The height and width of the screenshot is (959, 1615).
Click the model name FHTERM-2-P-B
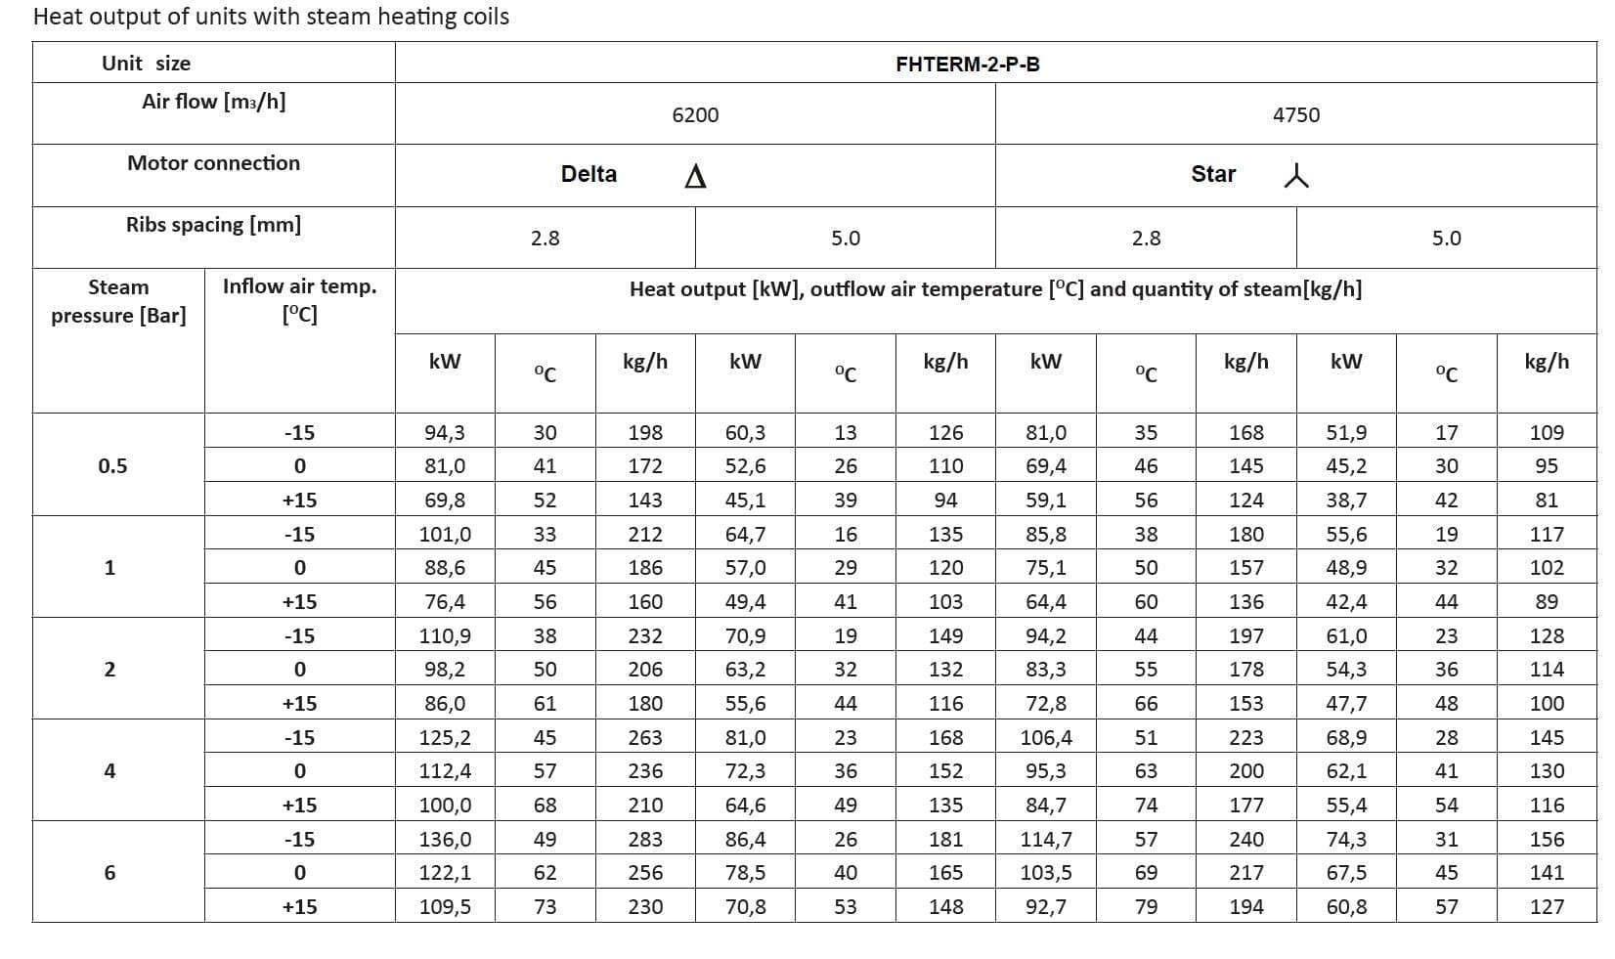[x=967, y=65]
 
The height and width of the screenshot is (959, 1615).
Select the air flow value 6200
[x=695, y=115]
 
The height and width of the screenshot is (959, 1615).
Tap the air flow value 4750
[x=1295, y=115]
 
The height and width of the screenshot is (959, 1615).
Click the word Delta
[x=589, y=174]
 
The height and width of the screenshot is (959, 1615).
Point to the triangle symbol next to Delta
[x=695, y=176]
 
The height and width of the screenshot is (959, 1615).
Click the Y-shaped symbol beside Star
[x=1296, y=176]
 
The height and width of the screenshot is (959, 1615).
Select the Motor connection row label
[x=213, y=163]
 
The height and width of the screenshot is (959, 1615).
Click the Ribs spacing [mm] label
[x=213, y=225]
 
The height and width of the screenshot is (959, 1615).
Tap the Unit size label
[x=146, y=64]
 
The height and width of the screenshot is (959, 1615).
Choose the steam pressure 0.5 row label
[x=112, y=466]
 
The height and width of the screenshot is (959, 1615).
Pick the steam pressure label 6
[x=109, y=873]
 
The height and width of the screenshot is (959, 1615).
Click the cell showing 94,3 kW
[x=445, y=433]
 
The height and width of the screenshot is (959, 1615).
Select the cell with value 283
[x=645, y=840]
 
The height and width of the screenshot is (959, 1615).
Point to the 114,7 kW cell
[x=1046, y=840]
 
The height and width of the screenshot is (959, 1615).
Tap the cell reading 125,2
[x=445, y=738]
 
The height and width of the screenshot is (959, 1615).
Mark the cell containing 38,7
[x=1346, y=501]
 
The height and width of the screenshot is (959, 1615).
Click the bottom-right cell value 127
[x=1547, y=907]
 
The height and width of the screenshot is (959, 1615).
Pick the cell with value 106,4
[x=1046, y=738]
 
